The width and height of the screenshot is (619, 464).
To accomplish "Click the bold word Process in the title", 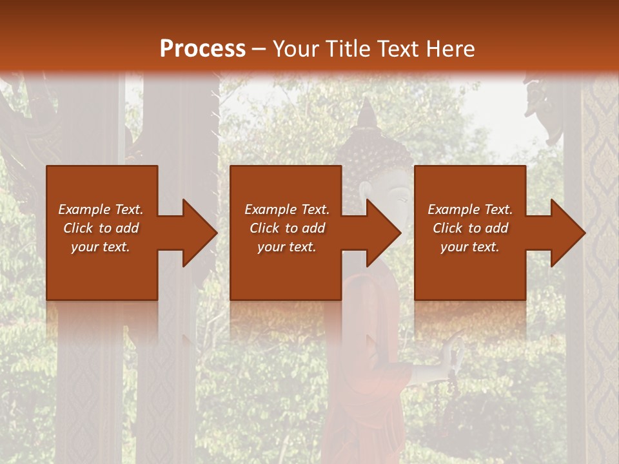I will pyautogui.click(x=202, y=48).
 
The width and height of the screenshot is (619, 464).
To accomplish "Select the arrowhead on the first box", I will pyautogui.click(x=197, y=233).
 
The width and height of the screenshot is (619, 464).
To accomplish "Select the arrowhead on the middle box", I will pyautogui.click(x=382, y=233).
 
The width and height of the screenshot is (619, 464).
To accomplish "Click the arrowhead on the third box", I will pyautogui.click(x=566, y=233).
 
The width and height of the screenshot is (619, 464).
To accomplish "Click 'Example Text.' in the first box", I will pyautogui.click(x=101, y=209).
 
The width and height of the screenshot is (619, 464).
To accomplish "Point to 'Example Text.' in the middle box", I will pyautogui.click(x=286, y=209).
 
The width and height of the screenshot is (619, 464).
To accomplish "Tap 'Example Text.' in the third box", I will pyautogui.click(x=470, y=209).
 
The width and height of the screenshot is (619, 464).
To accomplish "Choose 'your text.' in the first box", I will pyautogui.click(x=101, y=247).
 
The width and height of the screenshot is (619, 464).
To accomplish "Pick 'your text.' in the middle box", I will pyautogui.click(x=286, y=247).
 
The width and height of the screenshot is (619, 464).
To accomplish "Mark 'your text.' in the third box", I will pyautogui.click(x=470, y=247).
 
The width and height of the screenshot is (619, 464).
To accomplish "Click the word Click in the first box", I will pyautogui.click(x=78, y=228).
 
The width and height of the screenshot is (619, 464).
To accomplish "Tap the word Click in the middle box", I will pyautogui.click(x=264, y=228).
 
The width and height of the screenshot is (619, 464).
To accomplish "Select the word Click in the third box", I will pyautogui.click(x=447, y=228).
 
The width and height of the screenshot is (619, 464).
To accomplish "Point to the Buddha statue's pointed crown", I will pyautogui.click(x=367, y=115).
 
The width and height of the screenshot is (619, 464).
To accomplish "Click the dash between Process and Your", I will pyautogui.click(x=259, y=49).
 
